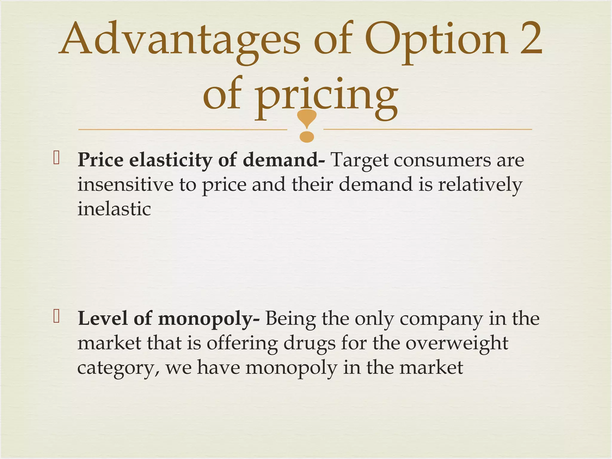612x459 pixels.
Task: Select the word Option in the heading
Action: click(x=436, y=40)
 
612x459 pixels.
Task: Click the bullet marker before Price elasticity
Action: click(x=56, y=158)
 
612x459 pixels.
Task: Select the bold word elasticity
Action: click(x=171, y=160)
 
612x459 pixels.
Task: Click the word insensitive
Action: click(x=125, y=184)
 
